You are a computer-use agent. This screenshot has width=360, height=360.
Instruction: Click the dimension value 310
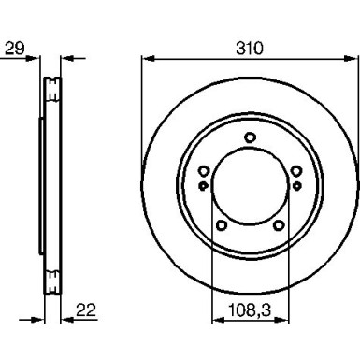tap(250, 49)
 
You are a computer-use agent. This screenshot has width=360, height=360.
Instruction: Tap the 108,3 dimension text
tap(250, 310)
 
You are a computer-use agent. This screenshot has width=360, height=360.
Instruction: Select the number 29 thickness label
tap(15, 49)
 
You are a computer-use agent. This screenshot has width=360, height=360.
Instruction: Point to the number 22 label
tap(86, 310)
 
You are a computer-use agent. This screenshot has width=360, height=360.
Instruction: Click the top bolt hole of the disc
tap(250, 137)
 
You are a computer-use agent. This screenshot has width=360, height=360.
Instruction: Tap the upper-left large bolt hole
tap(204, 171)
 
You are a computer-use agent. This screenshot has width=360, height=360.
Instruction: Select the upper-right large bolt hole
tap(296, 171)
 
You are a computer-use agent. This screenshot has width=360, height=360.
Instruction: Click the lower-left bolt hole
tap(221, 225)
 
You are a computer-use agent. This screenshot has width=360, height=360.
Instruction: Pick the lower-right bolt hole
tap(279, 225)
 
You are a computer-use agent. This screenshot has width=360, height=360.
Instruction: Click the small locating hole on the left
tap(203, 186)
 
